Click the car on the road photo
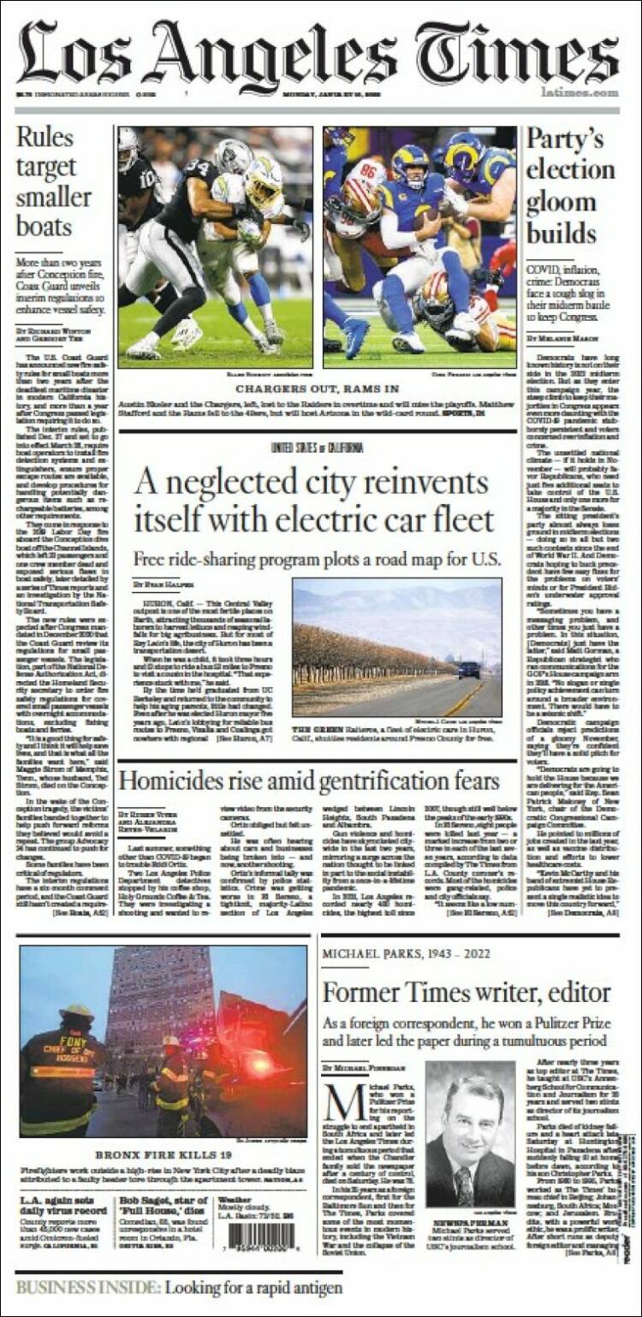click(x=469, y=669)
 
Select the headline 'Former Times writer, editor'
click(x=467, y=992)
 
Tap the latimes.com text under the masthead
click(x=580, y=92)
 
